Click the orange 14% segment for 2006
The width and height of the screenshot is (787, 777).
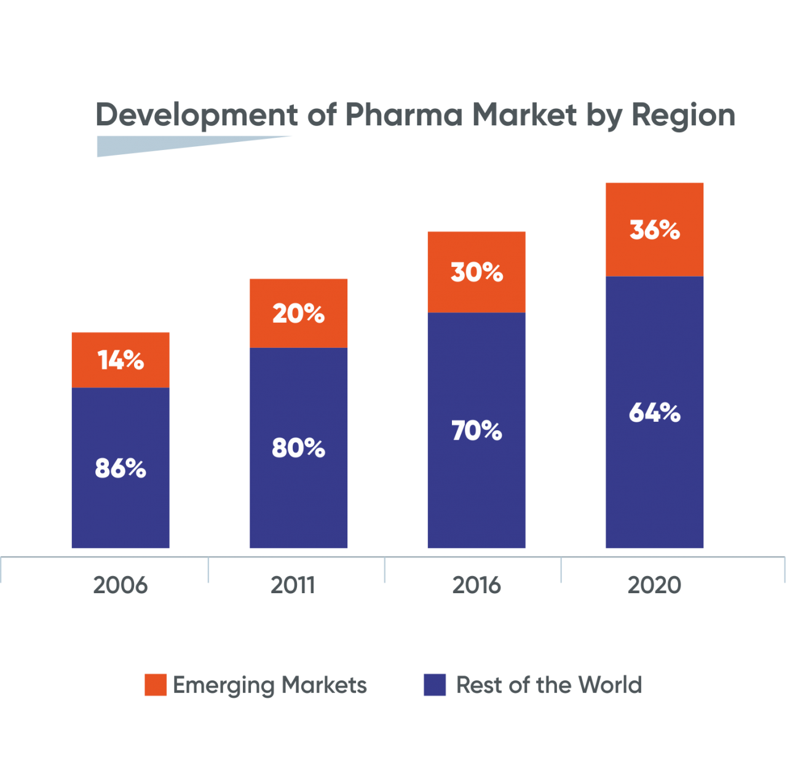click(x=121, y=360)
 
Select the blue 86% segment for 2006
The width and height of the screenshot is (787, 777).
click(x=121, y=467)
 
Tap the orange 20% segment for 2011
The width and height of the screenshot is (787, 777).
click(x=298, y=313)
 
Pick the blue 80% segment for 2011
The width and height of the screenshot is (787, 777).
click(x=298, y=448)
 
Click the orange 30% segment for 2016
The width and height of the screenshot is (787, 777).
click(x=477, y=272)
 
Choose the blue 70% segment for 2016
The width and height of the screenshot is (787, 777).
click(x=477, y=430)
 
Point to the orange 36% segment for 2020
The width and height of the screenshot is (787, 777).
click(x=655, y=229)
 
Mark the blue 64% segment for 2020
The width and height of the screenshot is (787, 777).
click(x=655, y=412)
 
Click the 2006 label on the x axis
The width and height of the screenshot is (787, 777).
click(x=121, y=585)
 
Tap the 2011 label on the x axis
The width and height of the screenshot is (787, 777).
click(x=293, y=585)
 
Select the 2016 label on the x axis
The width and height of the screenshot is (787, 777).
click(x=477, y=585)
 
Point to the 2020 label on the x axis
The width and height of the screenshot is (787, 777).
click(x=654, y=585)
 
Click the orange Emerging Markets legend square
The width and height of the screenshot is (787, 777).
click(x=156, y=685)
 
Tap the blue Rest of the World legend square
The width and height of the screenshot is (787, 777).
click(x=434, y=685)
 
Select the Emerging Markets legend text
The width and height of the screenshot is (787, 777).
click(x=270, y=685)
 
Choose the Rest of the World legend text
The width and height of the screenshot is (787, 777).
click(x=548, y=685)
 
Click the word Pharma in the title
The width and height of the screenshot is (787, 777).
click(x=403, y=115)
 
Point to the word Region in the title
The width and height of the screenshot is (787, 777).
click(x=683, y=115)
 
